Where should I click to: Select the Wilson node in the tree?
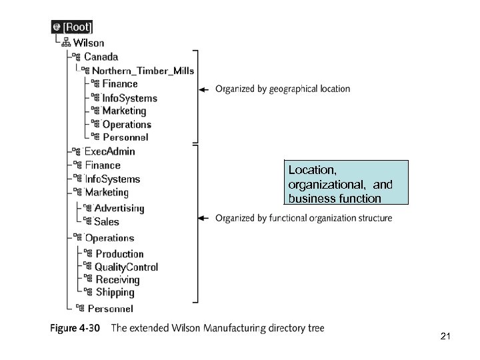click(x=88, y=43)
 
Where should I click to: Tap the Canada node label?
click(x=101, y=57)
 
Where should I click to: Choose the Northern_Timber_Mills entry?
click(x=143, y=71)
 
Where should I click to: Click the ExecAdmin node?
click(x=109, y=151)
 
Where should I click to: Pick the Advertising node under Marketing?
click(x=119, y=208)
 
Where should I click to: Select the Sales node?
click(x=107, y=221)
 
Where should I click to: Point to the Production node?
click(x=119, y=254)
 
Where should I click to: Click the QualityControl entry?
click(x=126, y=267)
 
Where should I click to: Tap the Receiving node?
click(x=117, y=280)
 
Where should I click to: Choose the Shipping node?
click(x=115, y=293)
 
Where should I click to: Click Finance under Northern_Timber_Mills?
click(x=120, y=84)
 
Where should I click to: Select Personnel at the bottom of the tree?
click(x=110, y=309)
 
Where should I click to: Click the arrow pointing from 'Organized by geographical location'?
click(x=205, y=89)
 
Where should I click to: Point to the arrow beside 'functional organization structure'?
click(x=205, y=218)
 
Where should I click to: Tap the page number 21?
click(x=446, y=337)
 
